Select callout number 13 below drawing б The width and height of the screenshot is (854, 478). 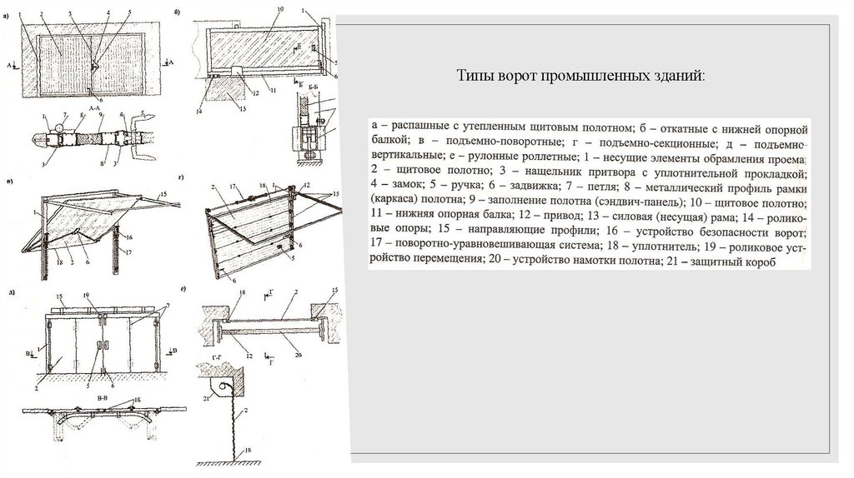coord(240,108)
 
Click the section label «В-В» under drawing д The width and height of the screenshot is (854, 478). coord(101,401)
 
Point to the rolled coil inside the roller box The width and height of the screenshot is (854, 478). coord(219,385)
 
